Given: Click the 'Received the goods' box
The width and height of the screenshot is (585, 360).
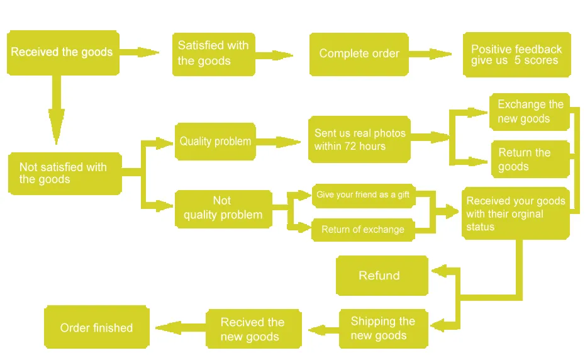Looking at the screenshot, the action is point(63,53).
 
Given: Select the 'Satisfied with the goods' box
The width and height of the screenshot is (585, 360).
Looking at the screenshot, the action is point(214,54).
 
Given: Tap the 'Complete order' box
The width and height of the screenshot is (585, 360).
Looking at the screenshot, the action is point(359,54).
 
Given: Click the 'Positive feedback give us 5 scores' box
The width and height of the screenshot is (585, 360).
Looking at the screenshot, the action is point(516,55).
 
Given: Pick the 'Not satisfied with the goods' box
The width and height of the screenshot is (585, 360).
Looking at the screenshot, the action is point(65,173).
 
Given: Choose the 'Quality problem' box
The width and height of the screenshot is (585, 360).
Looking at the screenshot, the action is point(215,142).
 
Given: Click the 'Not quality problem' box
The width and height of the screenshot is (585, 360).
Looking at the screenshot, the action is point(223,209).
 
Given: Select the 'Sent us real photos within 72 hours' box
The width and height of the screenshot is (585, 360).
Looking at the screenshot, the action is point(359,139).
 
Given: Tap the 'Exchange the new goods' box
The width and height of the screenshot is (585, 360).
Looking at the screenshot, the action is point(530,112).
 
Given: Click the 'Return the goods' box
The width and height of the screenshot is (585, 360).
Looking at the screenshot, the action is point(530,159).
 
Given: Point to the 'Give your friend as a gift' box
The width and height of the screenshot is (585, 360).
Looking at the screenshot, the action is point(364,195).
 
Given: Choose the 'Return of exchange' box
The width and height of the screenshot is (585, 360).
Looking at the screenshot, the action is point(363,230).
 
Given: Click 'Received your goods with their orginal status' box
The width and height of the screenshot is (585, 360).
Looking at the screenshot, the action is point(516,213).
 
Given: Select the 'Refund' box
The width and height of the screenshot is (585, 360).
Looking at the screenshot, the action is point(382,276).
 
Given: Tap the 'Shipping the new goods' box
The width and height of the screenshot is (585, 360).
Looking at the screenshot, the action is point(384,329).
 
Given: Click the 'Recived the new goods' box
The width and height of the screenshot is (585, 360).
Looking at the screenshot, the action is point(253,329).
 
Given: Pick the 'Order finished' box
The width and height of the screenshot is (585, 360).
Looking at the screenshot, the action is point(97,327).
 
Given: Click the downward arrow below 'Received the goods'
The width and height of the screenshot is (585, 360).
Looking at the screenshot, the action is point(57,110).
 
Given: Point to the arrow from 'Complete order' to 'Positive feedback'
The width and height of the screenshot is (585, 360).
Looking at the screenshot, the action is point(430,54).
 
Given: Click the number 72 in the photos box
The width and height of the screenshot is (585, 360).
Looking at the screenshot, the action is point(350,147).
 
